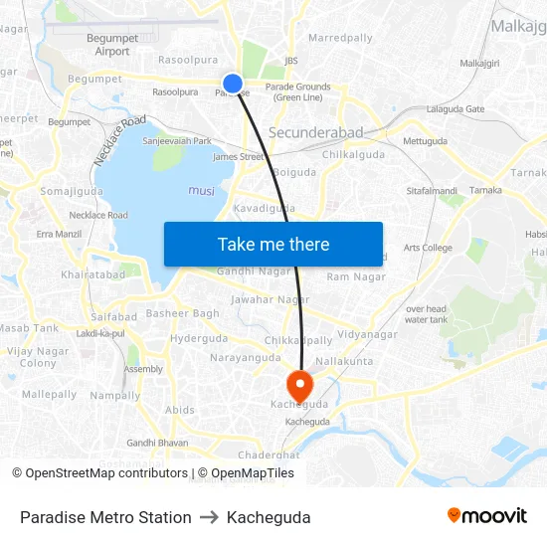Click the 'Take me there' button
click(x=273, y=244)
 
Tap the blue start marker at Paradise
click(x=232, y=85)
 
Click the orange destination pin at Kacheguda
click(x=298, y=384)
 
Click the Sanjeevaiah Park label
click(x=177, y=141)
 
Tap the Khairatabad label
click(x=92, y=274)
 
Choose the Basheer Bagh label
click(x=183, y=314)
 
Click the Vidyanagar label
click(x=367, y=334)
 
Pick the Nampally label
click(x=115, y=395)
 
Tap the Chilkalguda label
click(x=354, y=154)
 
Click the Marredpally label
click(x=340, y=38)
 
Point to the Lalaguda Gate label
click(x=456, y=109)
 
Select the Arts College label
click(x=428, y=248)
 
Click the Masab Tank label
click(x=29, y=328)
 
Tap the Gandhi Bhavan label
click(x=157, y=443)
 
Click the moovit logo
click(x=486, y=515)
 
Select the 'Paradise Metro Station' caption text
click(x=105, y=517)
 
